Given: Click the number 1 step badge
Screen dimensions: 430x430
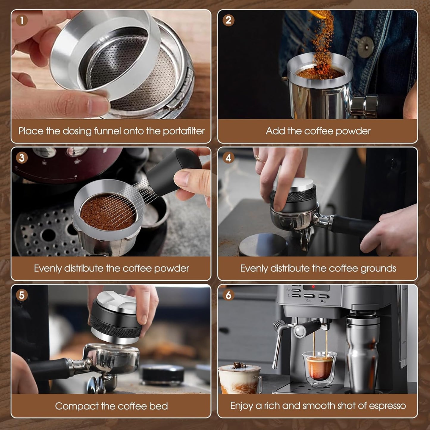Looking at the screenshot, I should point(22,21).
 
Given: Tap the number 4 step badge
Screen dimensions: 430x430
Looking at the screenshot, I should point(228,158).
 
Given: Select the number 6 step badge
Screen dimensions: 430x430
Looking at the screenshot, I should point(228,295).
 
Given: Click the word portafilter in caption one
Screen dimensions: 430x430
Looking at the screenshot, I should point(184,131).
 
